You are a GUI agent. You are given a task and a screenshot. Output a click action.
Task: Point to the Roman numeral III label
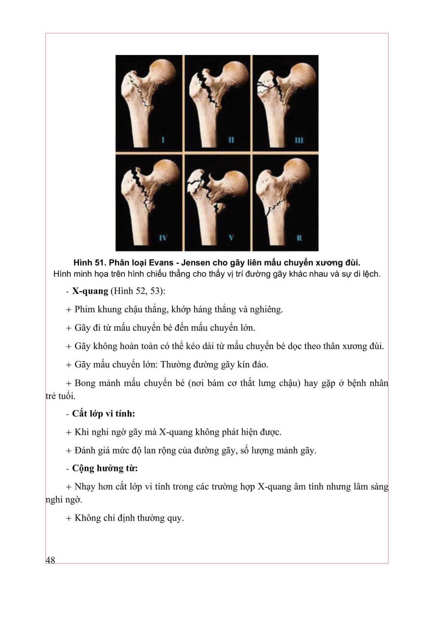pos(299,140)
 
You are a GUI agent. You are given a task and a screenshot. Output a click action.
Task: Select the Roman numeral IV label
pos(163,237)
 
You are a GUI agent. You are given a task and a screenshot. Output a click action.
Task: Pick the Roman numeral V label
pos(231,237)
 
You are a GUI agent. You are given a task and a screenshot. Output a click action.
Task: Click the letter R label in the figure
pos(299,237)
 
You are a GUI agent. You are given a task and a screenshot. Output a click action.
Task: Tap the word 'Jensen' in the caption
pos(194,262)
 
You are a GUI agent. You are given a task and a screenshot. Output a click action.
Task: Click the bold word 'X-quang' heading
pos(90,292)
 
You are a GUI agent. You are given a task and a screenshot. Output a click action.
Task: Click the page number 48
pos(51,560)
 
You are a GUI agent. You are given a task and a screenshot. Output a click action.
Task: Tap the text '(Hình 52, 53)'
pos(138,292)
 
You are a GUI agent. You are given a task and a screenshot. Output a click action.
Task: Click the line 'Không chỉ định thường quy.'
pos(129,518)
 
